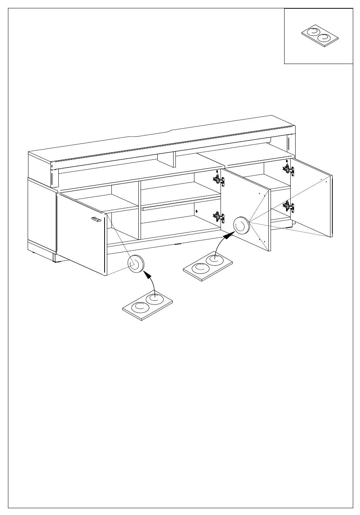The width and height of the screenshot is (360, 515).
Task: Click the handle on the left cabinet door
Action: (x=96, y=219)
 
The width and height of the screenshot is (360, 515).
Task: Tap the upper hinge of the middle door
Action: (x=219, y=179)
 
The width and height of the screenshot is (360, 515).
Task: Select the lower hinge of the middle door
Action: (x=218, y=217)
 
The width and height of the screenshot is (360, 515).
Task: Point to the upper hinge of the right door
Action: (x=288, y=169)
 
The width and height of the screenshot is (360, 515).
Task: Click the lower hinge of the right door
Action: (x=288, y=206)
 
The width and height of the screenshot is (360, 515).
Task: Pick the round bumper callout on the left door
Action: (x=136, y=263)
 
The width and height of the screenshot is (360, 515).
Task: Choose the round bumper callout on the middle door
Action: (x=241, y=226)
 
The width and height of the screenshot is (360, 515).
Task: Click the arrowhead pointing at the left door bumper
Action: (x=146, y=273)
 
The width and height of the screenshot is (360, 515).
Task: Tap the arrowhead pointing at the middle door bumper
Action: (x=227, y=237)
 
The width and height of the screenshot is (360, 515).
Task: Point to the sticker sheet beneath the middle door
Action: (x=208, y=266)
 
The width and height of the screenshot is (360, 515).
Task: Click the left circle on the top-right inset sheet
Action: (x=313, y=32)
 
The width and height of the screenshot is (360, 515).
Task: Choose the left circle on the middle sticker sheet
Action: (x=200, y=268)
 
